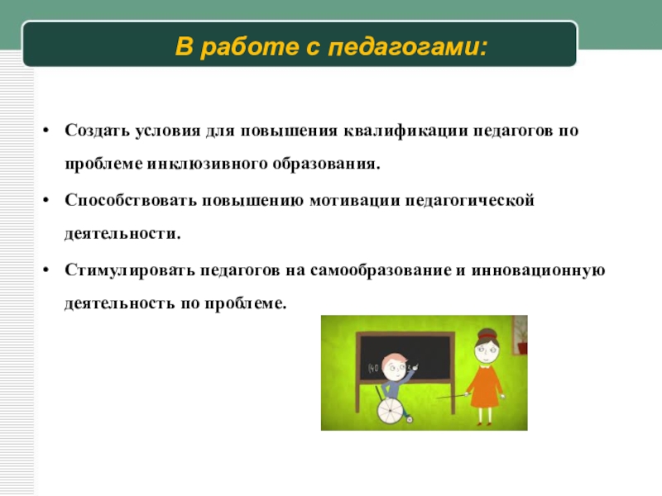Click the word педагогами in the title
coord(407,47)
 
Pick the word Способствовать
coord(131,200)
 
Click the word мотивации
coord(355,201)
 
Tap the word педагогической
coord(470,201)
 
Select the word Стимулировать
coord(130,270)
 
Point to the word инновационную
coord(538,271)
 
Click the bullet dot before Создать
coord(46,131)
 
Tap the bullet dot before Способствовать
coord(46,200)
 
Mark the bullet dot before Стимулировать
coord(46,270)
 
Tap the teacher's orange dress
coord(484,387)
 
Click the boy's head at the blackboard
coord(395,367)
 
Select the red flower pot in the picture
coord(523,348)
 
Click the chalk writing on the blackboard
coord(375,369)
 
